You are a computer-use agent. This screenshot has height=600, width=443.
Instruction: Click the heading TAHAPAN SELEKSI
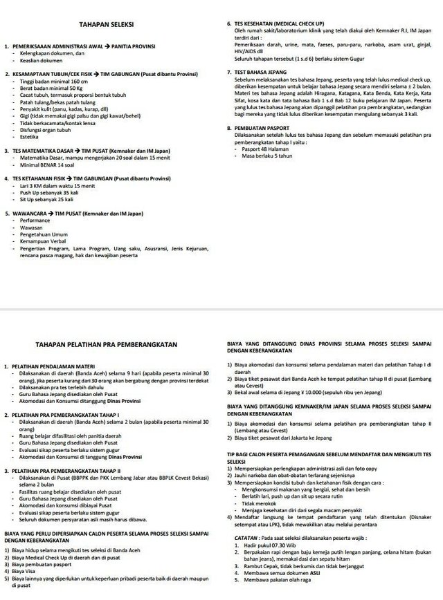pyautogui.click(x=107, y=24)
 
